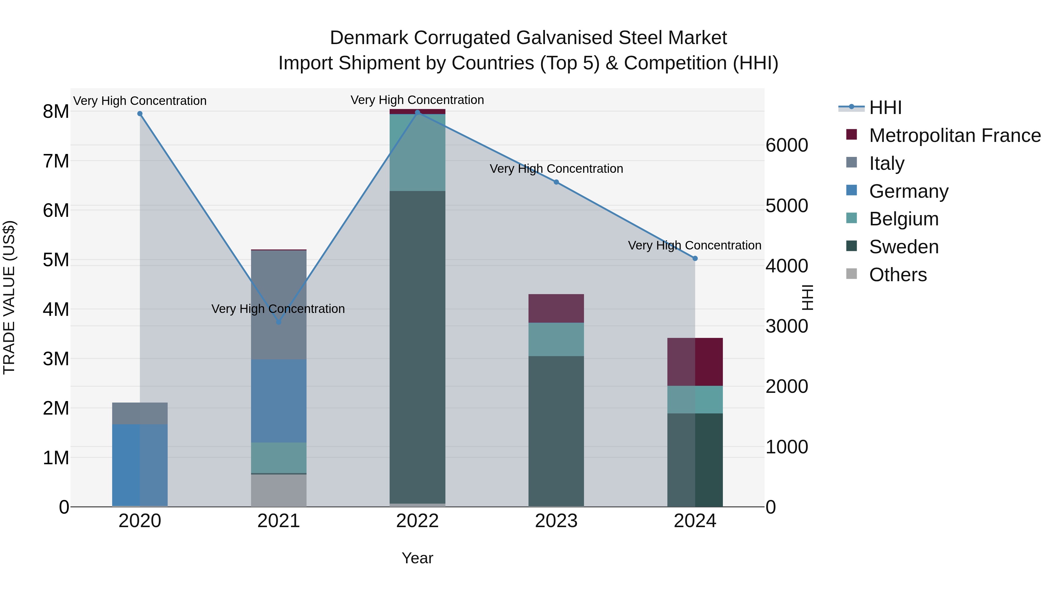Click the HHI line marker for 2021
tap(279, 322)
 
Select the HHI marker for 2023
tap(556, 182)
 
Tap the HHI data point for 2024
tap(695, 259)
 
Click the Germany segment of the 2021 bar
tap(279, 401)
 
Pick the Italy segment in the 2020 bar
tap(139, 413)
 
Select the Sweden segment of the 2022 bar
tap(417, 347)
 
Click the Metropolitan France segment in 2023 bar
tap(556, 309)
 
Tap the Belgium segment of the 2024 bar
tap(695, 400)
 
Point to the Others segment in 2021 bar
tap(279, 490)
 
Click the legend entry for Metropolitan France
tap(955, 135)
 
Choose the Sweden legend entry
tap(903, 247)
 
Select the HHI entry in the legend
tap(885, 108)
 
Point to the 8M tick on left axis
tap(56, 112)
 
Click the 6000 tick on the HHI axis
tap(787, 145)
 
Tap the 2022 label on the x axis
tap(417, 521)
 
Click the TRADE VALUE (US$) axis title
tap(9, 297)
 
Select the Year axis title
tap(417, 558)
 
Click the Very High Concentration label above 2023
tap(556, 169)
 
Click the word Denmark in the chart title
tap(369, 38)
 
